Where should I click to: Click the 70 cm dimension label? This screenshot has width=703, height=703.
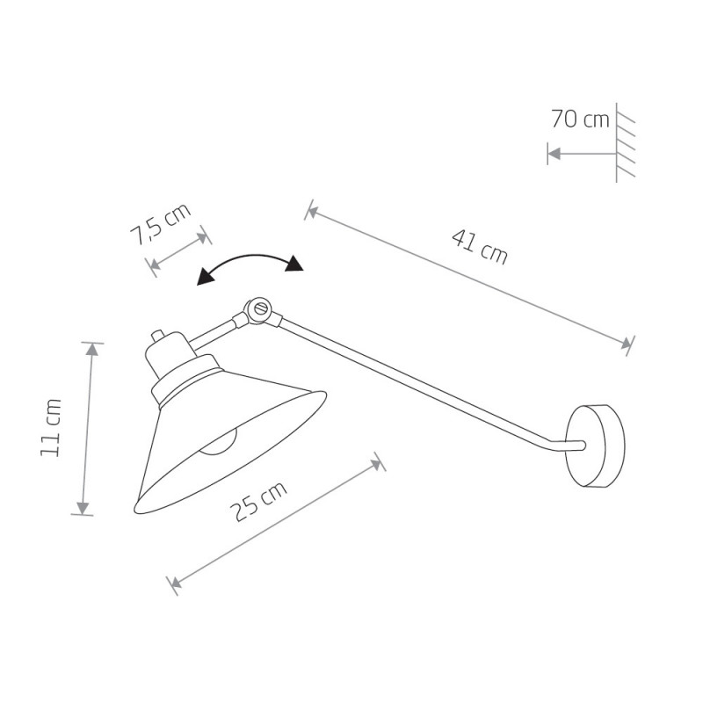pos(580,120)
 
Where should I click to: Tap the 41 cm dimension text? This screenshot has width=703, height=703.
pos(480,247)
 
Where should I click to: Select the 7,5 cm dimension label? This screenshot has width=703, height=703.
pos(161,224)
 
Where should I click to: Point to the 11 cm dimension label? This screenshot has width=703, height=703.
pos(50,428)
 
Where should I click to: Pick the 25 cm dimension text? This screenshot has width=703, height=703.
pos(257,502)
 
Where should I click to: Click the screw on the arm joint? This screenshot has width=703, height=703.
pos(260,308)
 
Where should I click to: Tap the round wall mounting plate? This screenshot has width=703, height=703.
pos(595,446)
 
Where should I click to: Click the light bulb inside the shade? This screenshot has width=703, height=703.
pos(218,444)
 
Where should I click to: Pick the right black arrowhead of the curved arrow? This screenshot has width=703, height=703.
pos(294,264)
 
